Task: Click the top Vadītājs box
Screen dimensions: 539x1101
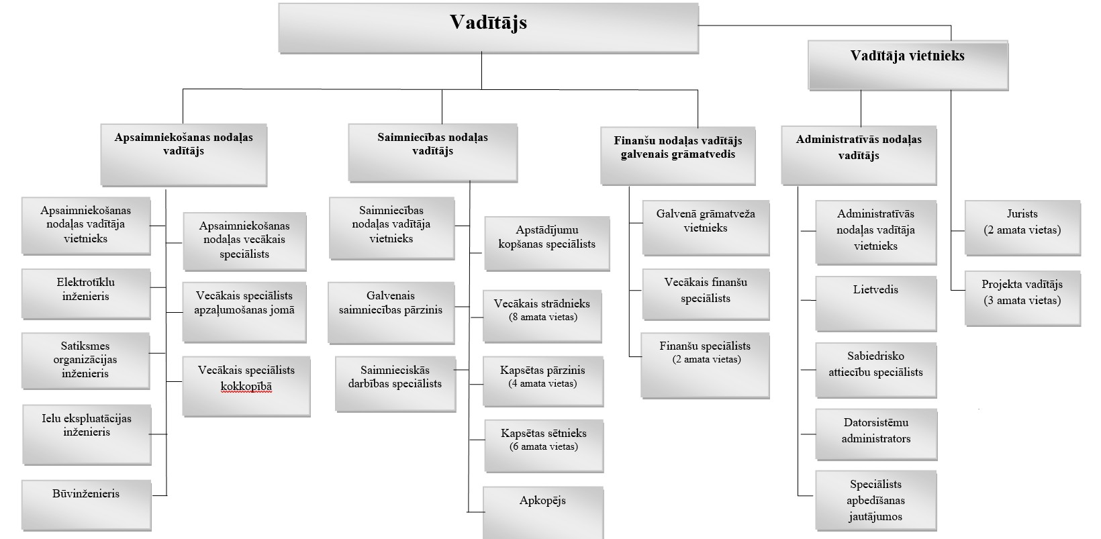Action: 488,28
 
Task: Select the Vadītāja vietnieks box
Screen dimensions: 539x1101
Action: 907,64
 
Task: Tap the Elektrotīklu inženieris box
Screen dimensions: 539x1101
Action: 85,293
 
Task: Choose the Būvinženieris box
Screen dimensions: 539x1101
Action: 85,499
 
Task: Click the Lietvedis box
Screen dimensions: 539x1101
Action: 875,303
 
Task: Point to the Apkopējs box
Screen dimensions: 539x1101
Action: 542,511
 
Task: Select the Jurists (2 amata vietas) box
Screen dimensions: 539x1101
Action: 1022,227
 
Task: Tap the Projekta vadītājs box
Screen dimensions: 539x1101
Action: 1022,297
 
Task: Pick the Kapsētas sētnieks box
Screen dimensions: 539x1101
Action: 543,446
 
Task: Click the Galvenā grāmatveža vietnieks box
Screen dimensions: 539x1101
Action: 705,227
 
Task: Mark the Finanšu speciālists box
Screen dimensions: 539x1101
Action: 705,364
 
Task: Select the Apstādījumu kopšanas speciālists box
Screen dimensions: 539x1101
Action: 546,243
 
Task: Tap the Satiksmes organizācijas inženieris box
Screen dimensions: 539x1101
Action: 85,360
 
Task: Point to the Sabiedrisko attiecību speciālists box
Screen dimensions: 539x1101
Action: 875,369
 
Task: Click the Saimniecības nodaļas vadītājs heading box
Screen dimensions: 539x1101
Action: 432,152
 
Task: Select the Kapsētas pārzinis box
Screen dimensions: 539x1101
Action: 542,381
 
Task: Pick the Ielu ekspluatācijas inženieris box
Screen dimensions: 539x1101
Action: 87,434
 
